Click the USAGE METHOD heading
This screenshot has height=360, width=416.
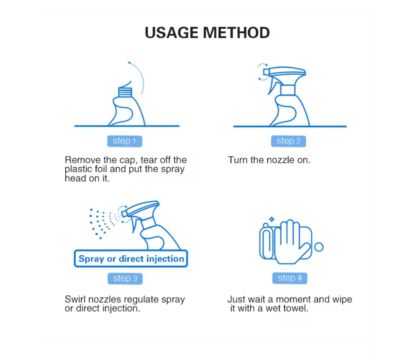click(207, 33)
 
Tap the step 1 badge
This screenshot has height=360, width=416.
click(124, 141)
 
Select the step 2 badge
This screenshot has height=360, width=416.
click(289, 141)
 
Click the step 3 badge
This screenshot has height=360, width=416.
click(125, 278)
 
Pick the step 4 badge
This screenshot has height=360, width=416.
click(290, 278)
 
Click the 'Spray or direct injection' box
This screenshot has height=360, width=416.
click(131, 259)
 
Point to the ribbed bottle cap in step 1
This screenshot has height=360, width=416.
click(125, 92)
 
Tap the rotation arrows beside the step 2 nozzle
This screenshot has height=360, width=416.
click(261, 72)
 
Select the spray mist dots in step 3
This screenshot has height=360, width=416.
click(102, 222)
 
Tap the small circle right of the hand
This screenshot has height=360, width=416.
click(318, 247)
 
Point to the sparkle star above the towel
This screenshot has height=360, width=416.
click(272, 219)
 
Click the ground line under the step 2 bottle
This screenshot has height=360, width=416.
click(290, 127)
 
